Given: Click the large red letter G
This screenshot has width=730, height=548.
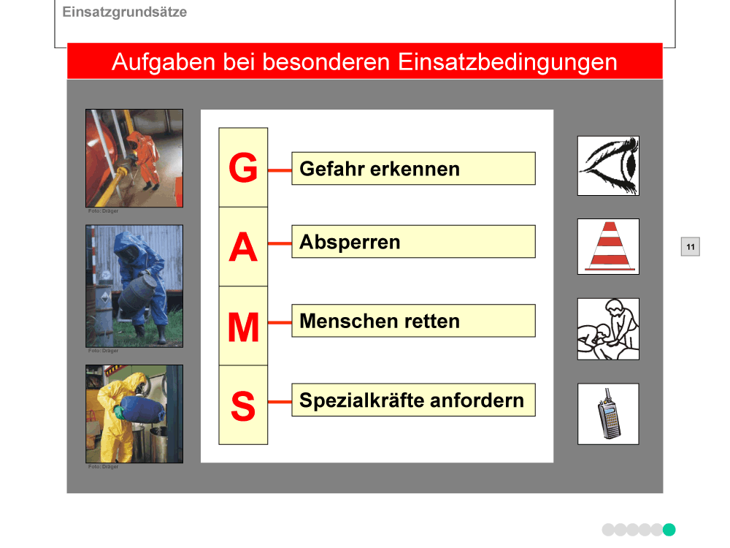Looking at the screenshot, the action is (243, 167).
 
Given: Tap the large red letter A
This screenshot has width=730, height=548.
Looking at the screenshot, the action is (243, 247).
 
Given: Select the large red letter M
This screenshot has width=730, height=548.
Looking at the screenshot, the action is (243, 327).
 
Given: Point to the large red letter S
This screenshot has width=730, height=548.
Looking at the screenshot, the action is (243, 406).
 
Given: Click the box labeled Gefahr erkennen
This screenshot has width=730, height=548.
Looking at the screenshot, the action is (413, 168).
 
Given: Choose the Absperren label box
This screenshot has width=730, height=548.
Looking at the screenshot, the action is (413, 241).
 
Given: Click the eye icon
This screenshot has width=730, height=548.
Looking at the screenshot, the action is (608, 165).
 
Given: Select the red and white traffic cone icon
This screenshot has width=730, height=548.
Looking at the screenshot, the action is (609, 246).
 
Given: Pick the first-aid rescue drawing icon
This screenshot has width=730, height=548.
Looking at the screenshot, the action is (608, 329).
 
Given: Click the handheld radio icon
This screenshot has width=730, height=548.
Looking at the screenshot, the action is (609, 414).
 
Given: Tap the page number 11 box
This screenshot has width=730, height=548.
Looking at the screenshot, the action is (691, 246).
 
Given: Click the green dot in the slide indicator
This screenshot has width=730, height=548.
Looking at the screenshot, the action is (669, 530).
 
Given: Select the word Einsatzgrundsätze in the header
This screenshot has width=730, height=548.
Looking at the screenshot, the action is (125, 12).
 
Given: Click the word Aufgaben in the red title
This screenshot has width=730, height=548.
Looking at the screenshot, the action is (164, 62).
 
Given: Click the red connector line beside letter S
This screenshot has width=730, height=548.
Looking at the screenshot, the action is (280, 401).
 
